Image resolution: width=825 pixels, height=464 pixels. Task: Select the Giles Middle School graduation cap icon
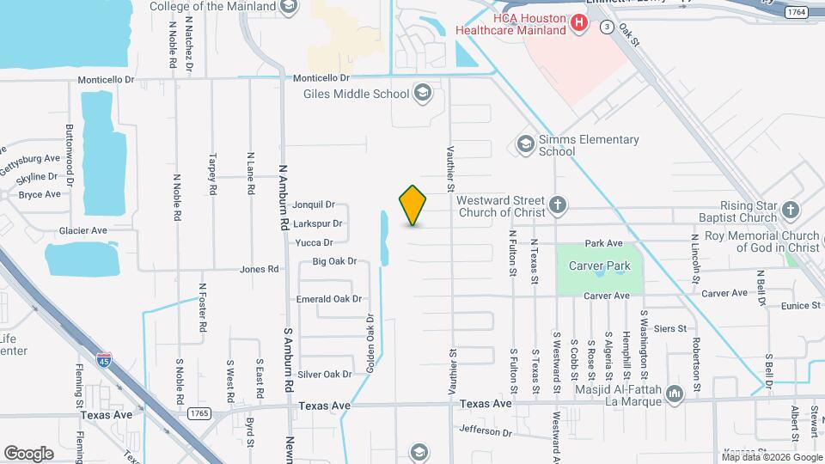tap(422, 93)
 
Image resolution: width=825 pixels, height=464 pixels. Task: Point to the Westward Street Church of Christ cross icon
tap(558, 205)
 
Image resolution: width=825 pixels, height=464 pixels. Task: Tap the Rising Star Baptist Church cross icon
tap(791, 209)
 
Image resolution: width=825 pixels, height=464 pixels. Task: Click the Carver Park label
tap(600, 266)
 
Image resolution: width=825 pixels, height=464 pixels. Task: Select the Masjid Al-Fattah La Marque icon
tap(674, 394)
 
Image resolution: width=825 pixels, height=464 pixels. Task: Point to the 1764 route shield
tap(796, 11)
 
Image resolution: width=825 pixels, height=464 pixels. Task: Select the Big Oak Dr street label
tap(334, 261)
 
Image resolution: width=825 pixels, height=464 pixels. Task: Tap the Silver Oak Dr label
tap(325, 374)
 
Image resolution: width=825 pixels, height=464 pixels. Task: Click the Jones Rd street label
tap(260, 269)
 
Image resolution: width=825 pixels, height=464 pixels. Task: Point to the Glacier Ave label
tap(82, 230)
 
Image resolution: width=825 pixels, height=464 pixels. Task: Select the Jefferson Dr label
tap(486, 430)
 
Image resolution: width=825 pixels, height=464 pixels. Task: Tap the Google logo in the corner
tap(29, 453)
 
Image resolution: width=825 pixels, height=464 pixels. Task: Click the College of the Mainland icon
tap(289, 7)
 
